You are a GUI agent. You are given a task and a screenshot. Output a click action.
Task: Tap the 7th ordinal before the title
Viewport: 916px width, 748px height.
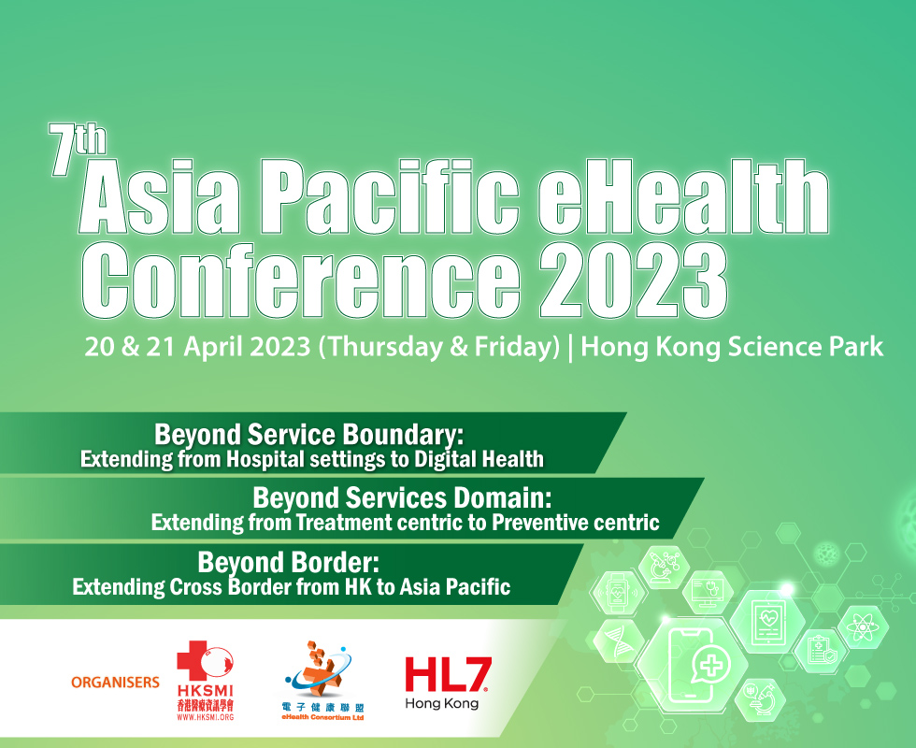77,149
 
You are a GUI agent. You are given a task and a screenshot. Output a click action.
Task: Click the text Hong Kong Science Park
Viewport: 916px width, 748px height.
732,347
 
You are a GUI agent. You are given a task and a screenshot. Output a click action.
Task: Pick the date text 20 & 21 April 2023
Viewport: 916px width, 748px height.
197,347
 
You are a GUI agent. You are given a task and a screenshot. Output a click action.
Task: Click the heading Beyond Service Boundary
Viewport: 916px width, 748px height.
308,435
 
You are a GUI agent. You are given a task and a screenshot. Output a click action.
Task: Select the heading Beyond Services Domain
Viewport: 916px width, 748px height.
403,497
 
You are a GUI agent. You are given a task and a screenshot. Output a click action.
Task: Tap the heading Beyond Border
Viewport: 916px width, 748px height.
289,562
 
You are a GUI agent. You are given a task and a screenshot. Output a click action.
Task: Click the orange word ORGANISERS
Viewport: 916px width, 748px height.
115,682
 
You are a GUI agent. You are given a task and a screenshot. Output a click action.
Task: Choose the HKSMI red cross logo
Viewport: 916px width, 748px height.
205,681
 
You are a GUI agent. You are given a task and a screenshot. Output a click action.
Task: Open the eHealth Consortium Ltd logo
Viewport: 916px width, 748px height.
322,681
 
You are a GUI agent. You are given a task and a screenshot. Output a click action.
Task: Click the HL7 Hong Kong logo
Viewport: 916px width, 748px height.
448,683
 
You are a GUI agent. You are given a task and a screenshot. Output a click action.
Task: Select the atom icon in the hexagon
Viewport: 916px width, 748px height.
863,627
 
